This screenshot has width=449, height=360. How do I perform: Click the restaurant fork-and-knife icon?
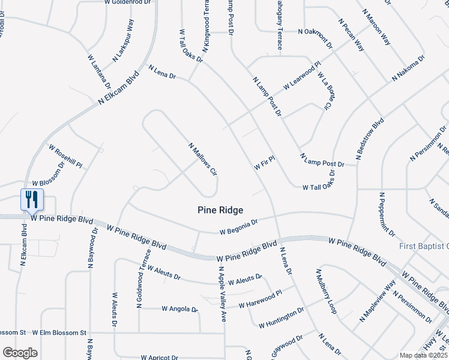pos(32,199)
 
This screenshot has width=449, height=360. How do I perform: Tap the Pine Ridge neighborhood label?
pos(220,210)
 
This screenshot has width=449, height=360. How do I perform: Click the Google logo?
pos(20,353)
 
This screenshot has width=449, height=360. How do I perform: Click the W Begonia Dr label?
pos(238,226)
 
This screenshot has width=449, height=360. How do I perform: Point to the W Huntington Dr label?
pos(282,317)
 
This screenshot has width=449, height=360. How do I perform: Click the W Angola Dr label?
pos(179,309)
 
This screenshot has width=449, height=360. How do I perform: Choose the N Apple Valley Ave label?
pos(221,295)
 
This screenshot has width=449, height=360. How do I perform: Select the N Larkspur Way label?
pos(123,41)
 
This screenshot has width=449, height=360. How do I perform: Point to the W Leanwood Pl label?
pos(303,75)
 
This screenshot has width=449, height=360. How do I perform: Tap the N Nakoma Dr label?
pos(408,69)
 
